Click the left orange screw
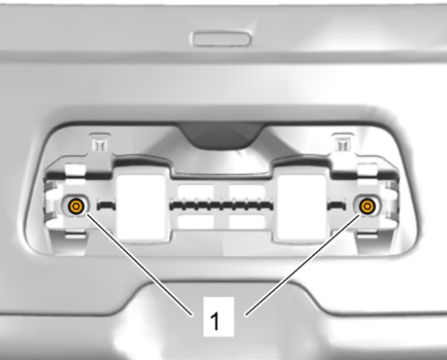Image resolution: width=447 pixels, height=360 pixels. click(x=76, y=205)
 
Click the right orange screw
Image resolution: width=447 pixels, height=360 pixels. click(x=367, y=205)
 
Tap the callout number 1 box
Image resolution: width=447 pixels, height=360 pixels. click(x=219, y=317)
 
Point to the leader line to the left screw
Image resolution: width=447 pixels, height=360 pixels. click(x=140, y=265)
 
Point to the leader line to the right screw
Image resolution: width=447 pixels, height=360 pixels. click(x=303, y=265)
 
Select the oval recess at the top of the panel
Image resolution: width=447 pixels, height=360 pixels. click(x=222, y=39)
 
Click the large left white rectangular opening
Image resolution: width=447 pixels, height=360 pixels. click(x=141, y=207)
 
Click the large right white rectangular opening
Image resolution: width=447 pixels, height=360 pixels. click(x=302, y=207)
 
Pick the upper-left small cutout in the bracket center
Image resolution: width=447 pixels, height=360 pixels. click(x=196, y=191)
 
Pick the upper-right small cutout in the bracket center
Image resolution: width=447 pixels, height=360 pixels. click(x=247, y=191)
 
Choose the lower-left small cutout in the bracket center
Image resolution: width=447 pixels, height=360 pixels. click(x=196, y=222)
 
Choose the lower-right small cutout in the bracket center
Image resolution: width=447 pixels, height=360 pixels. click(x=247, y=222)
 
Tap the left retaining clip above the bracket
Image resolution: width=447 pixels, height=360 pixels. click(x=100, y=142)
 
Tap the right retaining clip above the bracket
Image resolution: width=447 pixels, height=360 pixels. click(x=344, y=142)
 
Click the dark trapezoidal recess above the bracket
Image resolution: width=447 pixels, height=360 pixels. click(x=221, y=135)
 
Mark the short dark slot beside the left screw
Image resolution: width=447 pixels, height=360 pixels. click(x=106, y=205)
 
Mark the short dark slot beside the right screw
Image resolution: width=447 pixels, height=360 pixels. click(x=337, y=205)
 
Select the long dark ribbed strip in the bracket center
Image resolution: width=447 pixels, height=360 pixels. click(x=221, y=205)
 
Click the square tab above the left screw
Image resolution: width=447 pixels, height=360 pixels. click(x=75, y=171)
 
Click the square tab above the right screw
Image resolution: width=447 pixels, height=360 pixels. click(x=367, y=171)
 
